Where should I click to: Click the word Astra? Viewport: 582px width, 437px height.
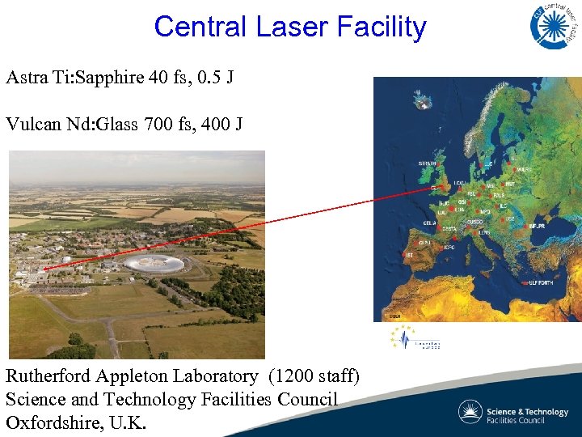pos(27,78)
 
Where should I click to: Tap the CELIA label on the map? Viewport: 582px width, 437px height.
pos(431,222)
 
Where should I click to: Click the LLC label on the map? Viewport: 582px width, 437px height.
pos(488,164)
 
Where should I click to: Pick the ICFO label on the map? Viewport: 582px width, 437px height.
pos(449,247)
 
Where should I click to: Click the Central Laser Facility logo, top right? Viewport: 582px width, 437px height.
pos(555,25)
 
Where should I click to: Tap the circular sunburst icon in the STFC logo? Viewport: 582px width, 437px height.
pos(470,411)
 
